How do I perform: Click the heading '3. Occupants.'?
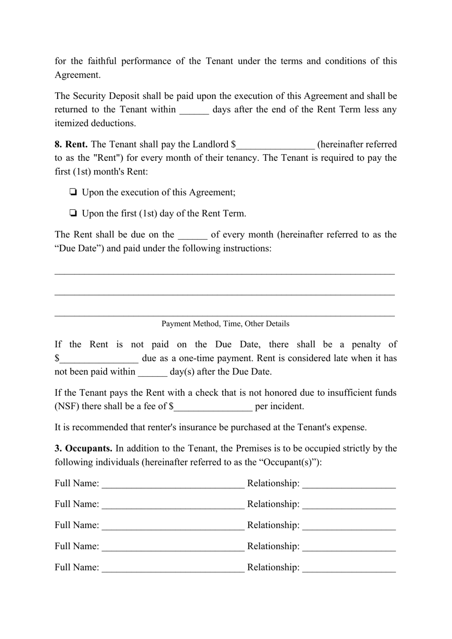click(83, 448)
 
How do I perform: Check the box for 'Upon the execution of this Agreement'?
click(73, 192)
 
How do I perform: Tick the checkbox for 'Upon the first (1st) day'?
click(73, 213)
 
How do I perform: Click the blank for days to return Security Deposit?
click(194, 110)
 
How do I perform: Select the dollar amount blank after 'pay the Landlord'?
click(275, 145)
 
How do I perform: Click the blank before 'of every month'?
click(192, 236)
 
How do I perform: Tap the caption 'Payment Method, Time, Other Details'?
click(225, 324)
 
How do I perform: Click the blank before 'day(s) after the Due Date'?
click(152, 373)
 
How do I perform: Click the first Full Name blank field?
click(173, 484)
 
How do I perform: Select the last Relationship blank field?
click(349, 568)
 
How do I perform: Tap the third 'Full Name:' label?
click(77, 525)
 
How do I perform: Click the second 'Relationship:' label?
click(273, 504)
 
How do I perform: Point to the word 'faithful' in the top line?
click(102, 61)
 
